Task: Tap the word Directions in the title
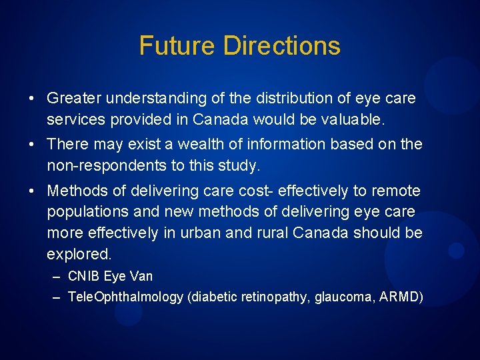click(282, 45)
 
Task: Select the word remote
click(397, 191)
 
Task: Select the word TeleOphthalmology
click(126, 297)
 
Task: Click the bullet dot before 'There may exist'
click(32, 145)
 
